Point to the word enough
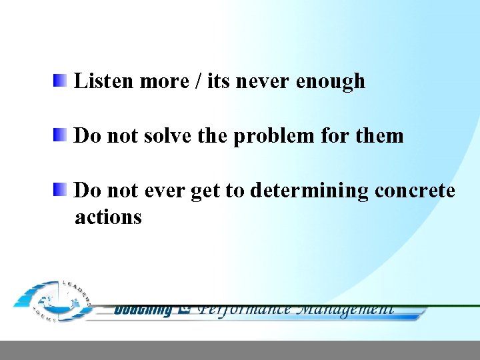tap(331, 82)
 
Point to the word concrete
tap(415, 191)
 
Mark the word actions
tap(108, 217)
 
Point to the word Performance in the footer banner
tap(245, 309)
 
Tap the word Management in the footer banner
tap(345, 309)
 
